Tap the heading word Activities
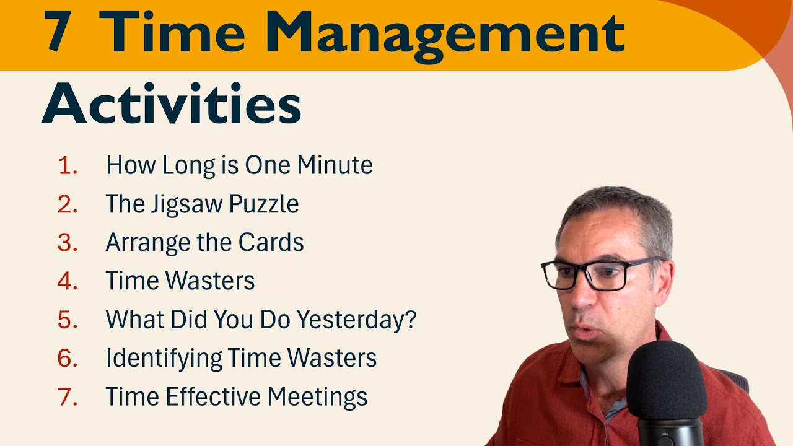tap(172, 103)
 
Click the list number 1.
tap(68, 165)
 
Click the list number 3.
tap(68, 243)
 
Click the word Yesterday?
tap(357, 320)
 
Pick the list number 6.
tap(68, 358)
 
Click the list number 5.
tap(68, 320)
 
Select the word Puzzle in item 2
tap(271, 204)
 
